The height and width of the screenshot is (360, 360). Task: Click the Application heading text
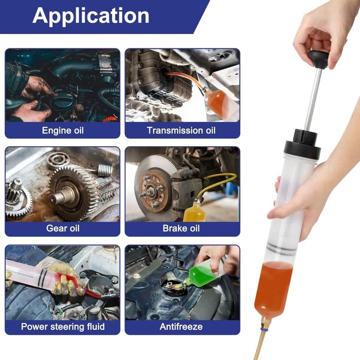point(91,15)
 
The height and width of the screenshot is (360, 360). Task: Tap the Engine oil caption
point(63,130)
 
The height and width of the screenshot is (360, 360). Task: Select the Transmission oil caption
point(181,130)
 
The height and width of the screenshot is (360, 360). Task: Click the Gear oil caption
point(63,228)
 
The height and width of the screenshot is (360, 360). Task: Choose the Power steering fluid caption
point(63,327)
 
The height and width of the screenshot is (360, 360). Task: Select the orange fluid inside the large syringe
point(273,288)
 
